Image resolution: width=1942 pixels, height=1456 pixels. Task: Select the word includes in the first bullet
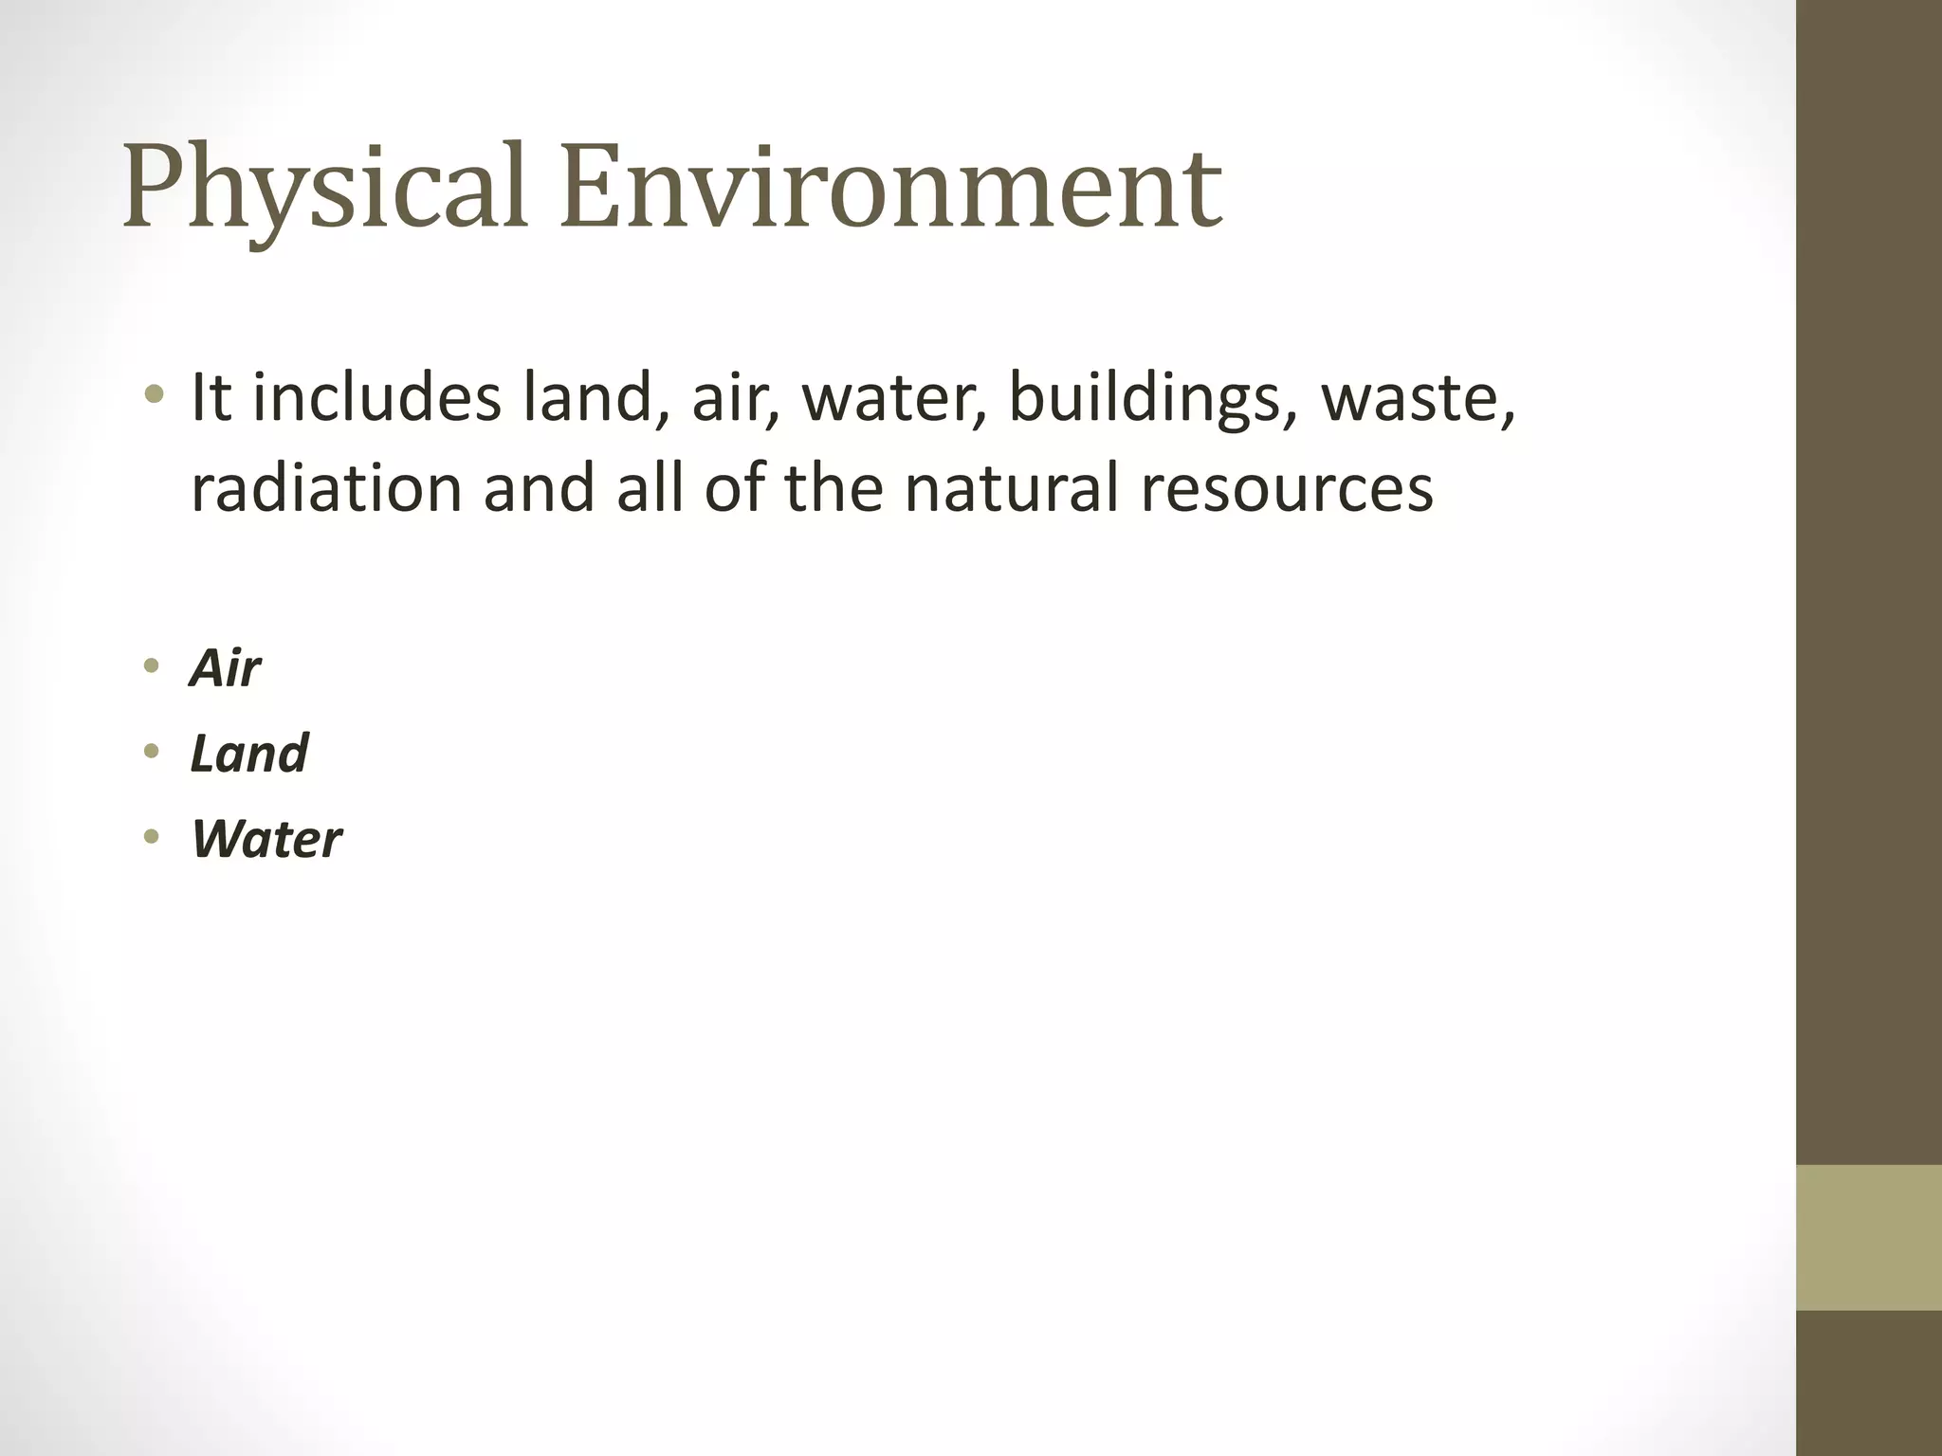coord(376,397)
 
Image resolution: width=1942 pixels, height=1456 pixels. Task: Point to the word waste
coord(1413,399)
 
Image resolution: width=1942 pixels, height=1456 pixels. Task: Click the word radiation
coord(325,487)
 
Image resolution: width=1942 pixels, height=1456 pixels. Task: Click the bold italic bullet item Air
coord(225,668)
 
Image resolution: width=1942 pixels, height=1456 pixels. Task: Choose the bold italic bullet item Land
coord(249,753)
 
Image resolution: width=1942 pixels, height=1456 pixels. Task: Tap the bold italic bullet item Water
coord(266,839)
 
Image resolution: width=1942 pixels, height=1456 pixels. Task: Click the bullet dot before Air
coord(151,667)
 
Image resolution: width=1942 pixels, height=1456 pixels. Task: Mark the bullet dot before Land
coord(151,753)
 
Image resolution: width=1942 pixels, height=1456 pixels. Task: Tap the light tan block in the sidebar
coord(1869,1236)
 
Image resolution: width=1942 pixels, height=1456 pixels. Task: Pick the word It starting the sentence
coord(211,397)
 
